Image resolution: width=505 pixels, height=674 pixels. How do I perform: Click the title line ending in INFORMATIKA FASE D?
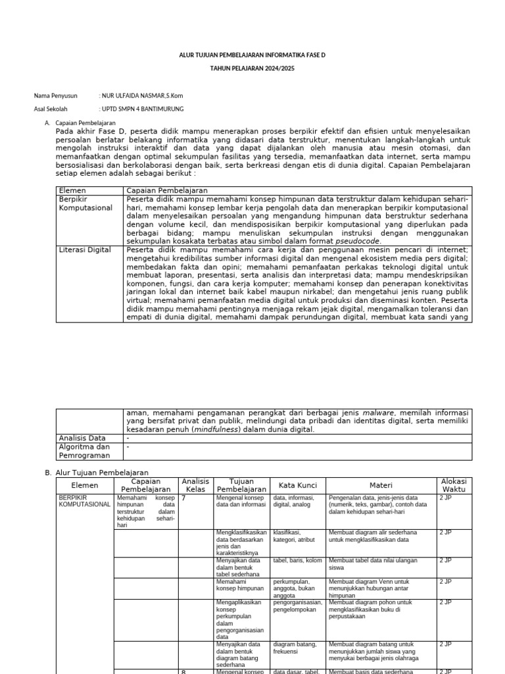252,55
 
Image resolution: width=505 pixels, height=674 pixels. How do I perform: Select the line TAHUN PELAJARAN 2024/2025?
252,68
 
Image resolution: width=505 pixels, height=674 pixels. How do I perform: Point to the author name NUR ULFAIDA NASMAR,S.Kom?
141,96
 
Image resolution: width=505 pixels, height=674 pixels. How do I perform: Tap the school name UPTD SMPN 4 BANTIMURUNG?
141,109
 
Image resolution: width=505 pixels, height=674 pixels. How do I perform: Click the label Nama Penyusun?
55,96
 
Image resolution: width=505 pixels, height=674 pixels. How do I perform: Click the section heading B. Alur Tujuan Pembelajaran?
97,473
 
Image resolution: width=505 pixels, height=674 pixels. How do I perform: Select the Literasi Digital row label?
85,250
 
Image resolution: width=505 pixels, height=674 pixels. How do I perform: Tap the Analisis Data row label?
82,438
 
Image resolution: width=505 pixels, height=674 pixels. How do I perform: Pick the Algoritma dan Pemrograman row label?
84,451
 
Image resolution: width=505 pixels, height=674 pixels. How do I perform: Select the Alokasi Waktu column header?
453,486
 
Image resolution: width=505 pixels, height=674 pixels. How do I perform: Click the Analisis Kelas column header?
195,486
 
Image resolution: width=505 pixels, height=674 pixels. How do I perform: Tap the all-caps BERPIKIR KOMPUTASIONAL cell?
85,502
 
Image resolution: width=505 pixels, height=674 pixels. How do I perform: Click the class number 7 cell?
184,498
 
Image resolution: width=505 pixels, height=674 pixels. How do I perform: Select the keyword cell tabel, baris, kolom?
297,561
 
